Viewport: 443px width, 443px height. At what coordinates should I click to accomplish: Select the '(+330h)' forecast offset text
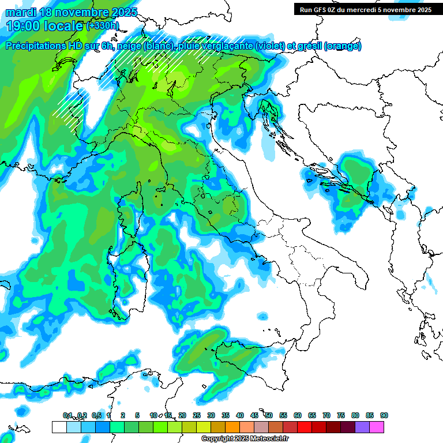coord(102,25)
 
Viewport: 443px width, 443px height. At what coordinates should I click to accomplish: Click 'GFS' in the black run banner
coord(319,9)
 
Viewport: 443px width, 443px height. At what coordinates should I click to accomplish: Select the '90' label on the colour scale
coord(384,415)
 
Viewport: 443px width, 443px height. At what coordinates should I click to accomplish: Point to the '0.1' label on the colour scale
coord(67,415)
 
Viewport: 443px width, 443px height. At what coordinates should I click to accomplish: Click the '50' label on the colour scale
coord(269,415)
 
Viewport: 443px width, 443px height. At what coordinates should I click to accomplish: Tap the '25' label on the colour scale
coord(197,415)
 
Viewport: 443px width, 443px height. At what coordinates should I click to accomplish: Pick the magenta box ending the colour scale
coord(377,427)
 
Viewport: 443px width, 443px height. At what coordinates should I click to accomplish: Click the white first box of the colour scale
coord(59,427)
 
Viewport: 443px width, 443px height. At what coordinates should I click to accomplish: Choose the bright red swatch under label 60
coord(305,427)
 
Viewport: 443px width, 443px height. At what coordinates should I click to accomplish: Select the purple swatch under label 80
coord(362,427)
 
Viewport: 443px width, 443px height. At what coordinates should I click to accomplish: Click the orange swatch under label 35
coord(232,427)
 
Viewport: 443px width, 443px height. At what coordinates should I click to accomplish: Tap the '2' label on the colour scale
coord(123,415)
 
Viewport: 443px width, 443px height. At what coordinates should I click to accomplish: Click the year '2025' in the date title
coord(123,12)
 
